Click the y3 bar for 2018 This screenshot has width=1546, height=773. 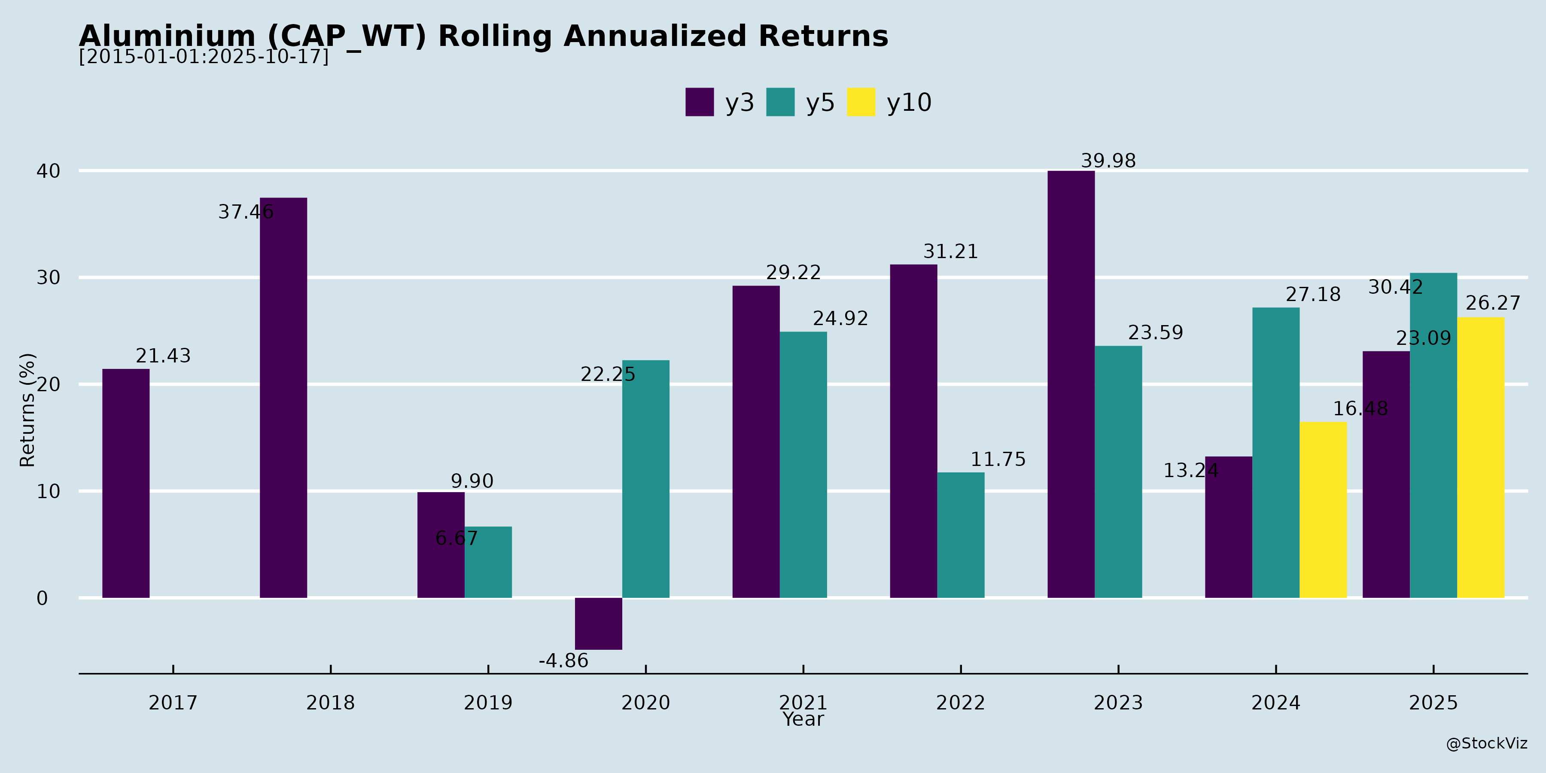(283, 397)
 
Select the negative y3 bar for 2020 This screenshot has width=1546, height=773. (598, 624)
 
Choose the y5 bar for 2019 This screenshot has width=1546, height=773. (488, 562)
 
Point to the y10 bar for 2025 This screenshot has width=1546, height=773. (1481, 457)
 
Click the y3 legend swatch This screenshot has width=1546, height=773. (699, 102)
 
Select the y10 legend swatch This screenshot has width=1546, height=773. (861, 102)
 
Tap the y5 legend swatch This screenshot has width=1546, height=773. (780, 102)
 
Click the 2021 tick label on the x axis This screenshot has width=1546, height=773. (803, 702)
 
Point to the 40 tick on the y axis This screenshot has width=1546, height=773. (49, 171)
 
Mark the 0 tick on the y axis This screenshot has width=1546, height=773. (42, 598)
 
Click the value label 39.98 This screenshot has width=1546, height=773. (1108, 161)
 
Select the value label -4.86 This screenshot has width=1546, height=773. (563, 661)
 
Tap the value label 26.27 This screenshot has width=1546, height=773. (1493, 303)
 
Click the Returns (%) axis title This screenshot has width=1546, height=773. (27, 410)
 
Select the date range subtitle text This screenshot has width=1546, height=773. (204, 57)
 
